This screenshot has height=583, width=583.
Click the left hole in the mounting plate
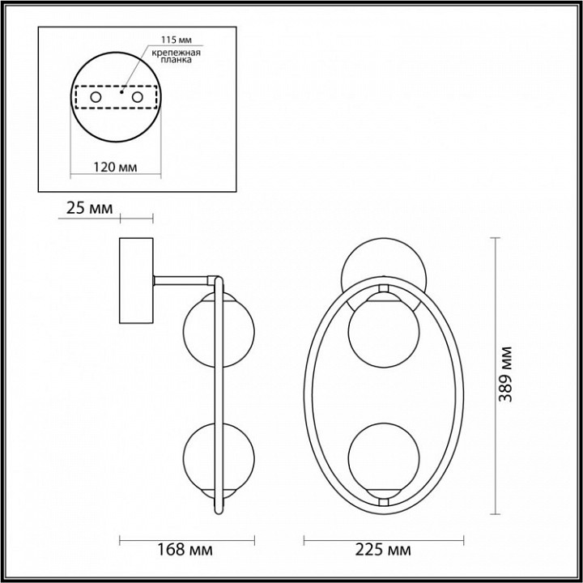point(96,98)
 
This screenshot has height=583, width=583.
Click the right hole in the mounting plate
point(138,98)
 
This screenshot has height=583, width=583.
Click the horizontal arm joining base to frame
point(185,280)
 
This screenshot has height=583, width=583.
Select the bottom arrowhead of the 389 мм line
point(496,513)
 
